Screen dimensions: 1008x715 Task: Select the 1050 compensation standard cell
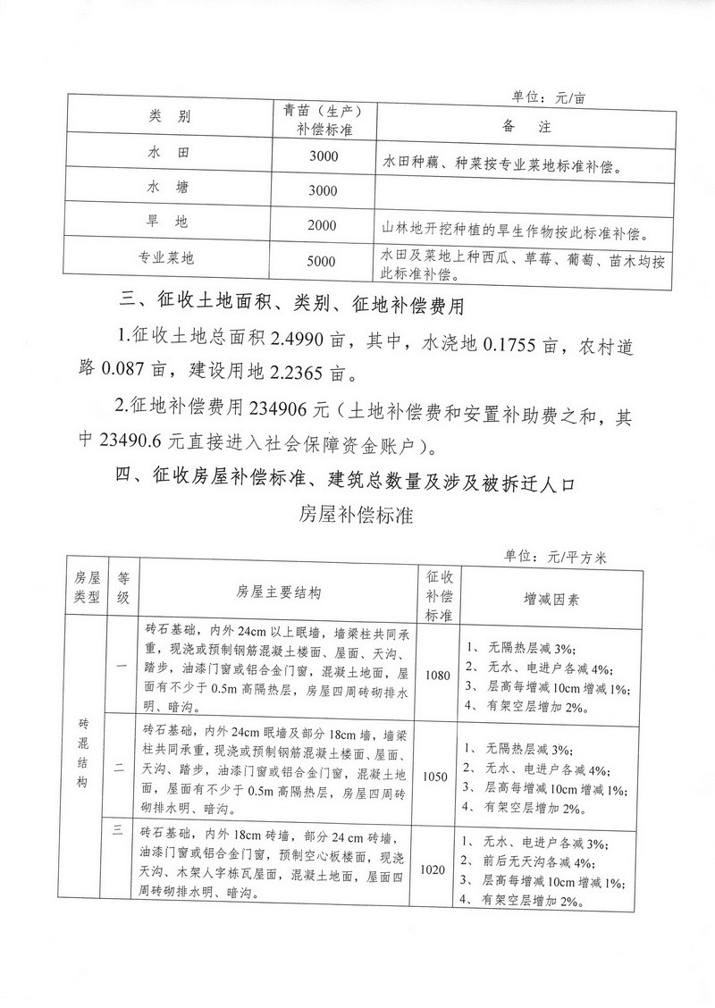[437, 777]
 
